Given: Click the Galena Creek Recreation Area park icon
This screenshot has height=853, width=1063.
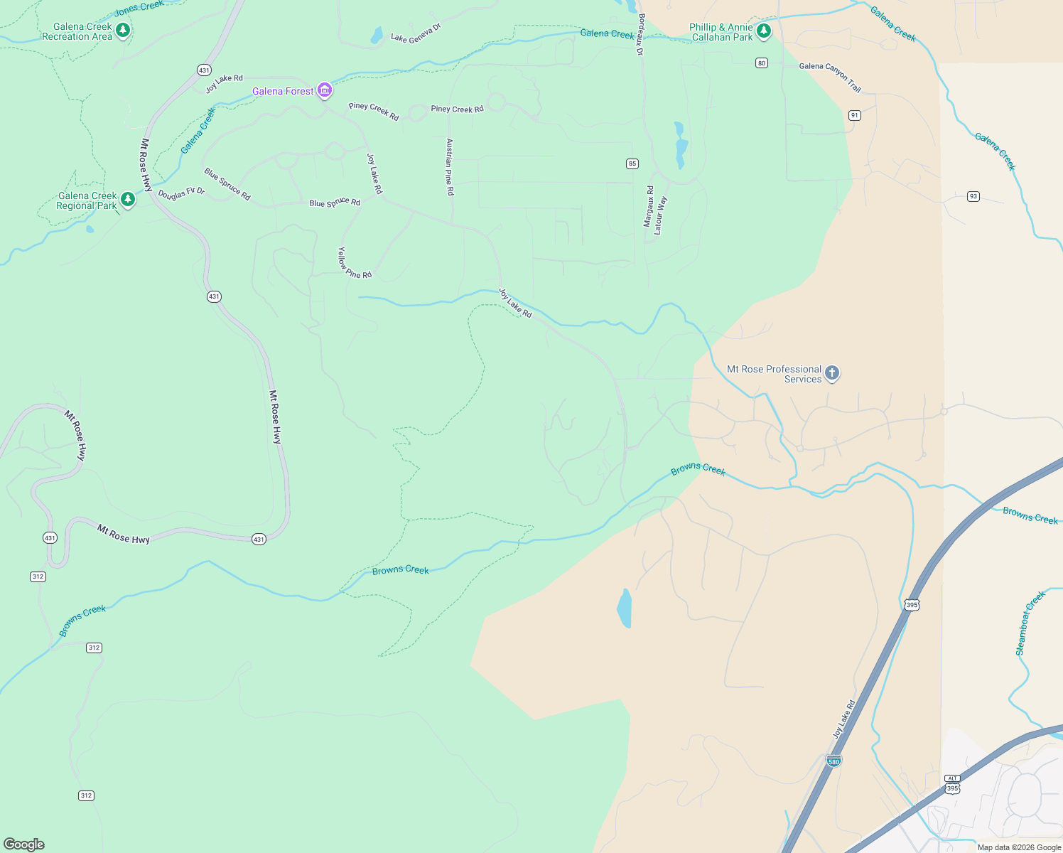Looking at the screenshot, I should pos(123,30).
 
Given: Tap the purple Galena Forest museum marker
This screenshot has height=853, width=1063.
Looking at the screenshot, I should pos(325,90).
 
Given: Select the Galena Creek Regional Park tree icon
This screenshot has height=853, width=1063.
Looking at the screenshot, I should pos(128,199).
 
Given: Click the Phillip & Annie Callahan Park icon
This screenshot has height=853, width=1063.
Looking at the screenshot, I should pos(764,31).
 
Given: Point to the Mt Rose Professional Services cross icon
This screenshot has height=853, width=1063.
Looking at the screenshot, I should pos(832,372).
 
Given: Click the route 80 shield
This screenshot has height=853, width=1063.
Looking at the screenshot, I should pos(762,63).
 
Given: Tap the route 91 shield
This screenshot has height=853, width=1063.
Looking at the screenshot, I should pos(855,115).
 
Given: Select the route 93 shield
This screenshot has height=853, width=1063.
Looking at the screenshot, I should pos(973,196).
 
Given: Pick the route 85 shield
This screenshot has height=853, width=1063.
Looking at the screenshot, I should pos(632,163).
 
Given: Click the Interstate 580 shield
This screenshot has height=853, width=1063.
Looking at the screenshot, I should pos(833,761).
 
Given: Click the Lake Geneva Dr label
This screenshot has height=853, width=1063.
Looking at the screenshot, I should pos(416,33).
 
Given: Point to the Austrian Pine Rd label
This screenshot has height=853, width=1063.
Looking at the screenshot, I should pos(449,167).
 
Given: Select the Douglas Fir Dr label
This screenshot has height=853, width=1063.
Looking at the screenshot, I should pos(181,193).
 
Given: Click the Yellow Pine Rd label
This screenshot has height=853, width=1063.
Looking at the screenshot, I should pos(354,263).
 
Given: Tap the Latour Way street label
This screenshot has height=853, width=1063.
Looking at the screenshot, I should pos(660,215).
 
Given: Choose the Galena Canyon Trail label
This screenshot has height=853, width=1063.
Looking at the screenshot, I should pos(830,76).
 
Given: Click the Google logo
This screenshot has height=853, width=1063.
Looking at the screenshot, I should pos(24,844).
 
